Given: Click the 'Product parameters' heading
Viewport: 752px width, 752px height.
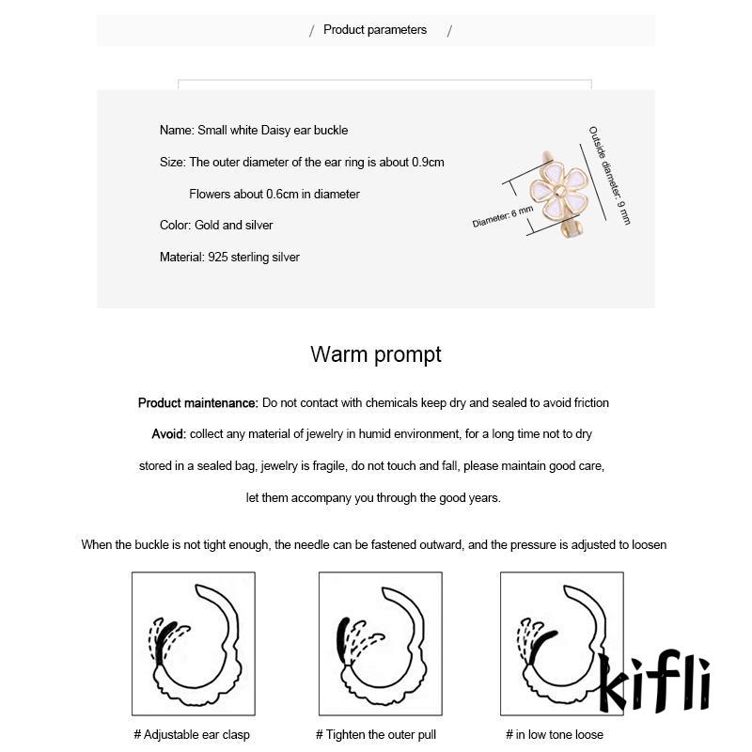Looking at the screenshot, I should (x=375, y=30).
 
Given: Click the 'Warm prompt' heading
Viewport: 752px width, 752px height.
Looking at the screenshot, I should (x=375, y=354).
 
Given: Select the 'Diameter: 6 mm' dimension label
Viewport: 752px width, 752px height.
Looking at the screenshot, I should (x=502, y=217).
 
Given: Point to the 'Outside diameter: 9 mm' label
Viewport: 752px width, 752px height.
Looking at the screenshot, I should (x=610, y=175).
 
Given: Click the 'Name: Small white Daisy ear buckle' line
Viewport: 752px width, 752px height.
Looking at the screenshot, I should (x=254, y=131).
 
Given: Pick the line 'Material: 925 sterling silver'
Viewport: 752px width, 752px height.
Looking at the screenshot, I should (x=229, y=257).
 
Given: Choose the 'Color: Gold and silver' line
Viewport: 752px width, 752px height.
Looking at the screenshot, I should (x=216, y=226).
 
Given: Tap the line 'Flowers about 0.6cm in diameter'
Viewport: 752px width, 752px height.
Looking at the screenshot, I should (x=274, y=195).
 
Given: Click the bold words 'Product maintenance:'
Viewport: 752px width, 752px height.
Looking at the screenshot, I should (x=197, y=403).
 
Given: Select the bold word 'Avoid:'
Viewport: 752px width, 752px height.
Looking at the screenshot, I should (x=169, y=434).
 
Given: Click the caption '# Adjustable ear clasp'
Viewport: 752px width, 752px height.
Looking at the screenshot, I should (x=192, y=734).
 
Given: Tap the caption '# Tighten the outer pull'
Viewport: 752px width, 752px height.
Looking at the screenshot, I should (x=376, y=734).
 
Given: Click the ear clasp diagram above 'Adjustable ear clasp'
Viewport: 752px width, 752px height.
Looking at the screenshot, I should (x=193, y=643).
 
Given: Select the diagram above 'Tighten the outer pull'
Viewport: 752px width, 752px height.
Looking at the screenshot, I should (x=380, y=643).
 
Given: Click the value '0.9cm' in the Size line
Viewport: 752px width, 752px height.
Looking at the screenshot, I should (x=428, y=163).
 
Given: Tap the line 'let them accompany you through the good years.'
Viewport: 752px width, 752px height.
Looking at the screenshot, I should (x=373, y=497).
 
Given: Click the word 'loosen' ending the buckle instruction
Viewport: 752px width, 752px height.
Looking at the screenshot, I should (x=648, y=544).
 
